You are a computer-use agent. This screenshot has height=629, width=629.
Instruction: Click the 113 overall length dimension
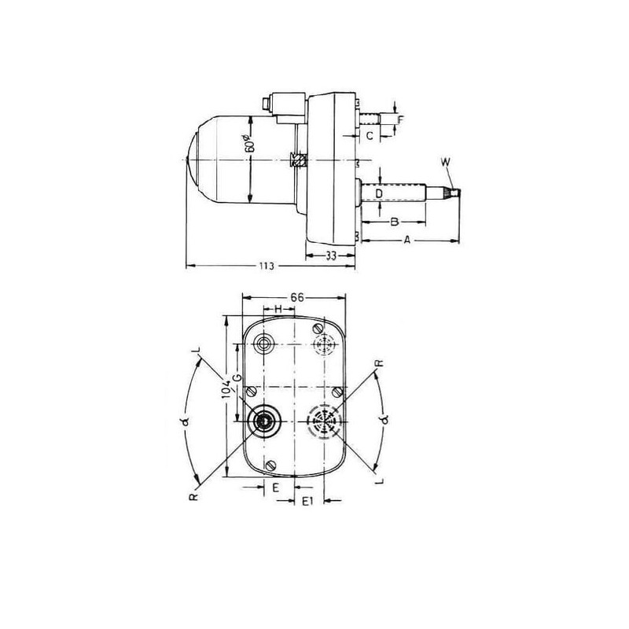click(x=267, y=266)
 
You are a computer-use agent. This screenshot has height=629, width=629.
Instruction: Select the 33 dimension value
click(x=330, y=256)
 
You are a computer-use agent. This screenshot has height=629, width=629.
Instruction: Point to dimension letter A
click(x=407, y=241)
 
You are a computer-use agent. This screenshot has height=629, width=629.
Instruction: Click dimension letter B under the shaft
click(x=395, y=222)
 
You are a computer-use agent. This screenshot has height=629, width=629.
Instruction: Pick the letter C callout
click(x=370, y=136)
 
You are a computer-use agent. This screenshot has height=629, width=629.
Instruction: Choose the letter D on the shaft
click(x=379, y=194)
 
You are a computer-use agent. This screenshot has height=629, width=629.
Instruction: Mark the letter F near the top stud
click(x=401, y=120)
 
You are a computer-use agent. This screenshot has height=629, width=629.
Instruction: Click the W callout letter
click(x=445, y=162)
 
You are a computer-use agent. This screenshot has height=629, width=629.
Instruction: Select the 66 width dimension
click(x=297, y=297)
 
